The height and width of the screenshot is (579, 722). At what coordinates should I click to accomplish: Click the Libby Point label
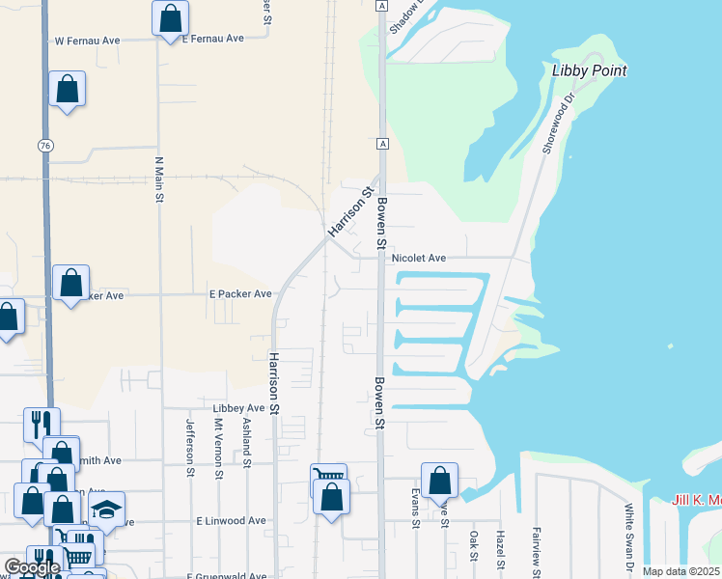pyautogui.click(x=589, y=70)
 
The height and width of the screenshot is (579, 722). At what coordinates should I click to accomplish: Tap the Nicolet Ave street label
pyautogui.click(x=418, y=259)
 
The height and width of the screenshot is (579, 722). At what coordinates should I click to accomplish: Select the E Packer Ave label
pyautogui.click(x=240, y=294)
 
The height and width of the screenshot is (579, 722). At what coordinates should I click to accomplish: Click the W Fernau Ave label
pyautogui.click(x=86, y=41)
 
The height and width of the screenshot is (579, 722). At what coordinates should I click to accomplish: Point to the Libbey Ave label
pyautogui.click(x=232, y=408)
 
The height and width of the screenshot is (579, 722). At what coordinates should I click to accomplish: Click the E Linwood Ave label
pyautogui.click(x=231, y=521)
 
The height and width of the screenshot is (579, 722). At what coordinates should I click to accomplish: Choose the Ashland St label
pyautogui.click(x=247, y=439)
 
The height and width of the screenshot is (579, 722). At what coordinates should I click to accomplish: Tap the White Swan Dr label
pyautogui.click(x=628, y=536)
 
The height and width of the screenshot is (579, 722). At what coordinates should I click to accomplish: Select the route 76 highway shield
pyautogui.click(x=45, y=145)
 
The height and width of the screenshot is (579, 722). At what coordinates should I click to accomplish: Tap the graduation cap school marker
pyautogui.click(x=107, y=509)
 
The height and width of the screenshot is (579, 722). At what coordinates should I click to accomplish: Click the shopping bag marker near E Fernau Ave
pyautogui.click(x=170, y=17)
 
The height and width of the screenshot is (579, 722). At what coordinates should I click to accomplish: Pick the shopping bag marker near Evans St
pyautogui.click(x=439, y=480)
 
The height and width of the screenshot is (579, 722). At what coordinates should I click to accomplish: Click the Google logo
pyautogui.click(x=32, y=567)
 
